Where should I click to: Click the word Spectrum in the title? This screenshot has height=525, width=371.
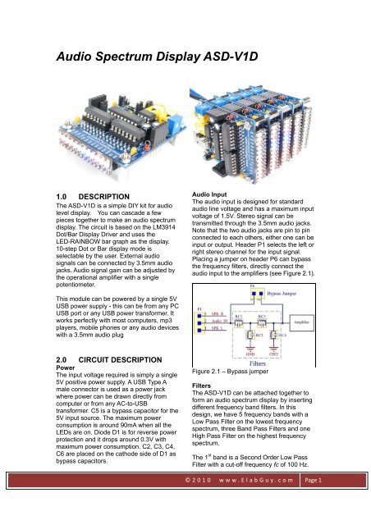pyautogui.click(x=140, y=57)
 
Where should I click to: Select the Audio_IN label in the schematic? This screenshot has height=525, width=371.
pyautogui.click(x=224, y=321)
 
